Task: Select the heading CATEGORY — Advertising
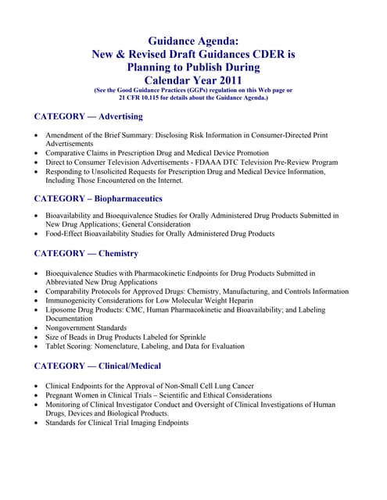[x=88, y=116]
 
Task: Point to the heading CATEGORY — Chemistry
[x=86, y=253]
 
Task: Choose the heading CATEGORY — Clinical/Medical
[x=98, y=365]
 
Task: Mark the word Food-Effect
[x=67, y=234]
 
